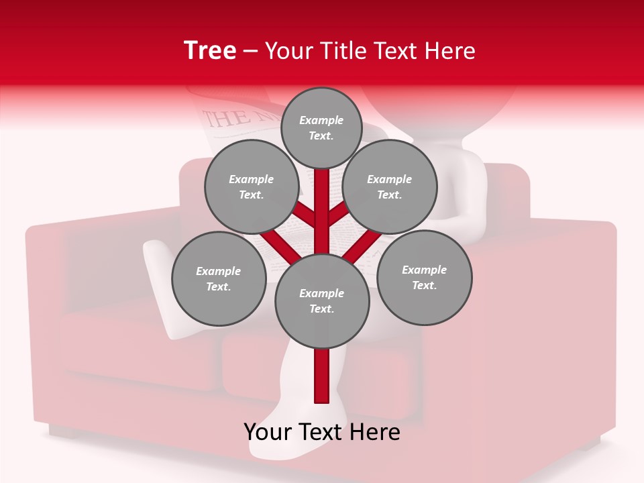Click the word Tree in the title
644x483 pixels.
[x=210, y=51]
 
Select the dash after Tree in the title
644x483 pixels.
[x=251, y=51]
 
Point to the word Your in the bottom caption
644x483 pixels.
[x=268, y=432]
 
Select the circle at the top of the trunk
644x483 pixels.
[x=321, y=127]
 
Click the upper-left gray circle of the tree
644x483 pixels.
[x=252, y=186]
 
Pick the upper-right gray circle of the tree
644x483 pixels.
[x=390, y=186]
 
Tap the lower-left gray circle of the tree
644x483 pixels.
[x=219, y=278]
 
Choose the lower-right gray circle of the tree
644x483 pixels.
[x=424, y=277]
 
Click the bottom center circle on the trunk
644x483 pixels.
[x=322, y=301]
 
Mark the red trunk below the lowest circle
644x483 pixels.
[x=322, y=376]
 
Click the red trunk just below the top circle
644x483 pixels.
[x=322, y=188]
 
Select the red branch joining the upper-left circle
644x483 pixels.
[x=305, y=216]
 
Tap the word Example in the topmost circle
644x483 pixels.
[x=321, y=120]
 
